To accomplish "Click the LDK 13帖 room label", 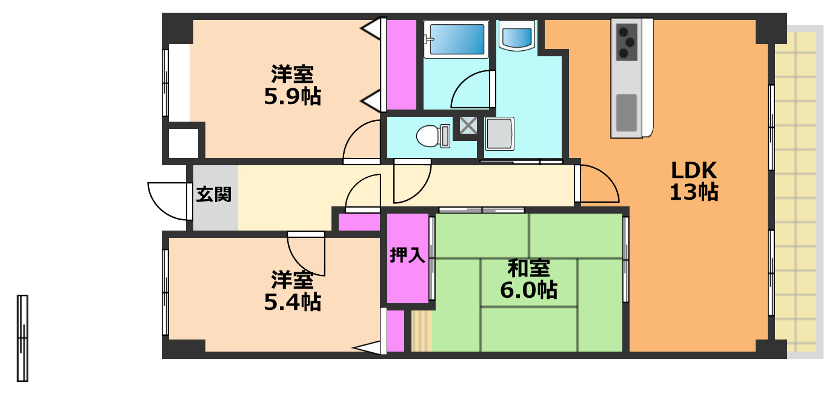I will [694, 180].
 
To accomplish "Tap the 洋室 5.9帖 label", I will [292, 85].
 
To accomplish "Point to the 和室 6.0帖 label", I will [528, 279].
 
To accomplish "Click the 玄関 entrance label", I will [214, 195].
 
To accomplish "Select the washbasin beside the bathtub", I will [517, 36].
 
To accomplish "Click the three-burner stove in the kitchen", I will [627, 41].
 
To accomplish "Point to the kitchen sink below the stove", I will [627, 112].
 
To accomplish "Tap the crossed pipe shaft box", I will [468, 125].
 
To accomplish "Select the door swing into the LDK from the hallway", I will [597, 185].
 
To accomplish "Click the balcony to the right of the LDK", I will [796, 194].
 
